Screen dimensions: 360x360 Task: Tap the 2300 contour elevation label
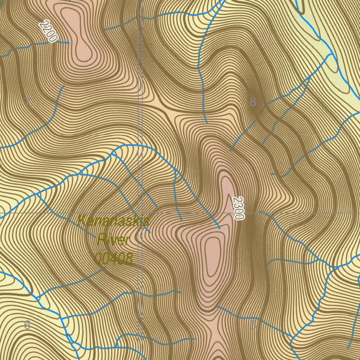coord(238,208)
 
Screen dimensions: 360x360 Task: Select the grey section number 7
coord(27,102)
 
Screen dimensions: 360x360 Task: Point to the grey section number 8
coord(253,102)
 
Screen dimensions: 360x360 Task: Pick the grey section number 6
coord(27,325)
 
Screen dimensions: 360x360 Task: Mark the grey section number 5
coord(253,326)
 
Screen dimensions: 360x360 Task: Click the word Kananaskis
coord(114,221)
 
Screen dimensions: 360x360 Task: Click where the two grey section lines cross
coord(140,213)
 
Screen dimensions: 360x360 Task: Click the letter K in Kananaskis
coord(82,221)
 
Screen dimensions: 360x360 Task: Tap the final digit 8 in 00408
coord(129,259)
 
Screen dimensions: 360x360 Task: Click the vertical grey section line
coord(140,105)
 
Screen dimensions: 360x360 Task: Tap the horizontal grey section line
coord(299,213)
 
